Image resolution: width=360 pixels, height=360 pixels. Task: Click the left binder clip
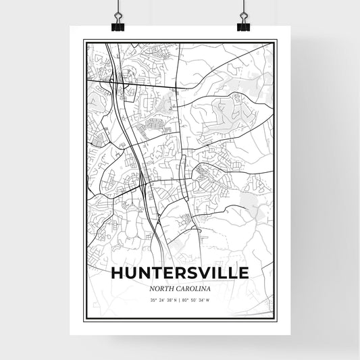(x=118, y=22)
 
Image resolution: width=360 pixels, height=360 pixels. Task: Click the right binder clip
(x=243, y=22)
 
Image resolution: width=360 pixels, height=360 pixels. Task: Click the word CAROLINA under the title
(x=193, y=288)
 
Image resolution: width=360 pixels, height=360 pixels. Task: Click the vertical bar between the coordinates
(x=179, y=299)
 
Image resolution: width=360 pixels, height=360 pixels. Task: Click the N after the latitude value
(x=174, y=299)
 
